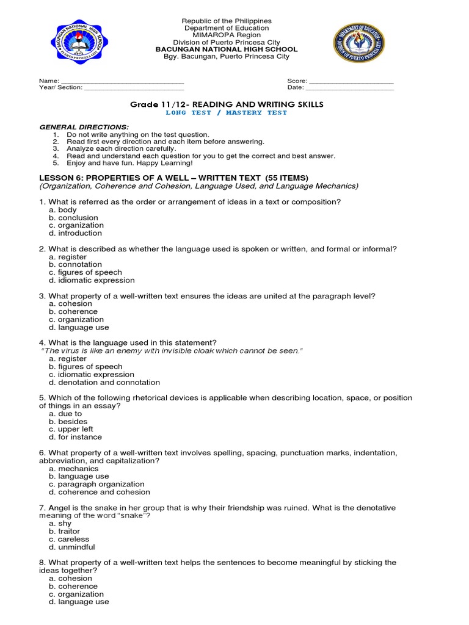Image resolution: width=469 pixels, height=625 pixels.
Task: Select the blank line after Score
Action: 352,81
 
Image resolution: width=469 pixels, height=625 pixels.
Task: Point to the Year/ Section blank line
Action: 134,88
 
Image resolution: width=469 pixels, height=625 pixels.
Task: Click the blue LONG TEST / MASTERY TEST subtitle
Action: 227,113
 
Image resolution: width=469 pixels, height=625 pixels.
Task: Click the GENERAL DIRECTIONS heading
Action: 84,126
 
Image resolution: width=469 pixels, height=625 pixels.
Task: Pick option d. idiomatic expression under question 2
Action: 92,280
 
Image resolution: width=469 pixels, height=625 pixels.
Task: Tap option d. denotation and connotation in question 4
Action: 104,383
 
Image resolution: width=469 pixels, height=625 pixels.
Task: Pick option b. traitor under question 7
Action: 64,532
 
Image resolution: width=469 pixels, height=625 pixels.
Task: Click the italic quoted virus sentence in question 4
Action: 171,351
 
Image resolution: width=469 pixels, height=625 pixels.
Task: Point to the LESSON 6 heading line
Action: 174,178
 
